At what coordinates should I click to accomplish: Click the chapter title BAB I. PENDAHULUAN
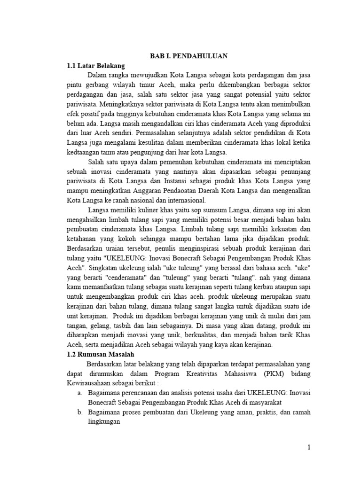point(188,56)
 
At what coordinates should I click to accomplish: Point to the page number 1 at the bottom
point(309,447)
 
